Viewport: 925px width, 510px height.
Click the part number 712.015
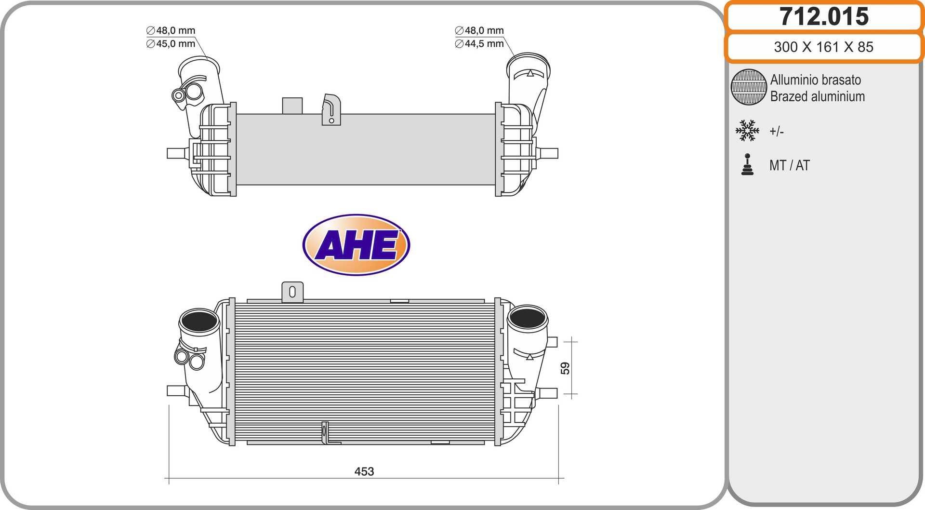point(824,17)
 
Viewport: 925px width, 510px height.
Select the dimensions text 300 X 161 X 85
point(823,47)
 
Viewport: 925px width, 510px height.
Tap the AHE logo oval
point(356,245)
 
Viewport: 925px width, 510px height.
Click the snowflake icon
point(747,131)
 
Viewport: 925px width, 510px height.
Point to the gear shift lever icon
point(747,165)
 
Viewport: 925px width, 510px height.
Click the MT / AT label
point(789,165)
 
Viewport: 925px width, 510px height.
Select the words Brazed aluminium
point(817,96)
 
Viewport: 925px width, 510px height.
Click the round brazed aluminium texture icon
point(748,87)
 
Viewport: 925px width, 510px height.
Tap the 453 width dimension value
point(364,471)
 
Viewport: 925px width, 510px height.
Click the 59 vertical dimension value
point(565,368)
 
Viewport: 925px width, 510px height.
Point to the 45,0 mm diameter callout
point(171,44)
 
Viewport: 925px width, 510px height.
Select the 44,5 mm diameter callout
point(479,44)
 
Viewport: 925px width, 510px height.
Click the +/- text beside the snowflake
point(776,131)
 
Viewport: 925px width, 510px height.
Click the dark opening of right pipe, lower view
point(527,317)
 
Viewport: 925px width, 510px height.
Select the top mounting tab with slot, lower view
point(292,292)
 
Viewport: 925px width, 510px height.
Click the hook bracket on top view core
point(331,109)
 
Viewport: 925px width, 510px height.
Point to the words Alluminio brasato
point(815,80)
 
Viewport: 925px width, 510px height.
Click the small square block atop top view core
point(292,106)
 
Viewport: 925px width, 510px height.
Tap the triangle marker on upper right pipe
point(530,73)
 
